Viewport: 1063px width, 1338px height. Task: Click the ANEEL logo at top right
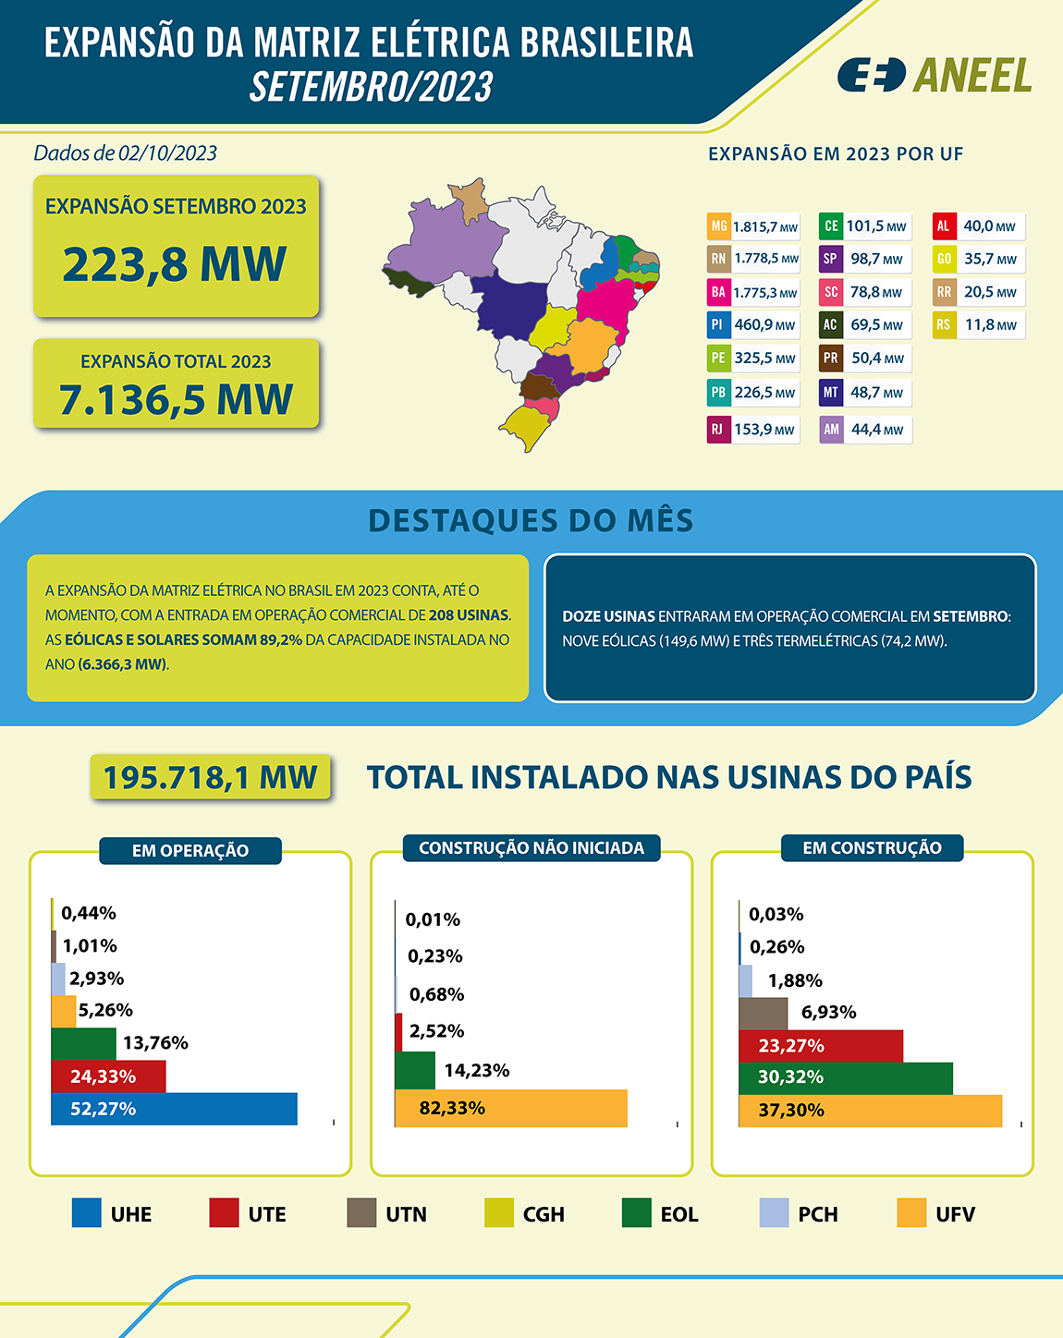click(935, 75)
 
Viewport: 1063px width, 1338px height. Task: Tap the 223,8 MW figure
click(175, 264)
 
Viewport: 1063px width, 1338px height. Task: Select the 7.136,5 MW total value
click(176, 399)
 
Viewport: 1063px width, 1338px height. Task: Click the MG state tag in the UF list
click(718, 226)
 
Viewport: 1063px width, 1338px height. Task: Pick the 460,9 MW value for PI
click(764, 325)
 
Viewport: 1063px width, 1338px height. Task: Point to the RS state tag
click(943, 325)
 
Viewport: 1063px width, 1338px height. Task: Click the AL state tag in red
click(943, 226)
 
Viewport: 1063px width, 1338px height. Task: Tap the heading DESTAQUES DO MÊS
click(531, 520)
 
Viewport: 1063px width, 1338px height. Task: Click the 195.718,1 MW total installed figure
click(210, 777)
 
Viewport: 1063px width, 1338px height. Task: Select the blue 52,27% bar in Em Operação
click(175, 1109)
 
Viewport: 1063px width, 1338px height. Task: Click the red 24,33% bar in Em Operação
click(109, 1076)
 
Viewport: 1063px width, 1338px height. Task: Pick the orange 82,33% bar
click(511, 1108)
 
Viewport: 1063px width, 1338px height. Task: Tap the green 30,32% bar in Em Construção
click(846, 1077)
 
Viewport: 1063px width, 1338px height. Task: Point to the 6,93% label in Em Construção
click(828, 1013)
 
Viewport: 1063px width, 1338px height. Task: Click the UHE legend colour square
click(86, 1213)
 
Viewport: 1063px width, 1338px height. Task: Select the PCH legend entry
click(799, 1213)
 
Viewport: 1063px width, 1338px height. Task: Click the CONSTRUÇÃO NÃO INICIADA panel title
click(531, 848)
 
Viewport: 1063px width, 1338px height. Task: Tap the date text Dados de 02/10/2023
click(125, 153)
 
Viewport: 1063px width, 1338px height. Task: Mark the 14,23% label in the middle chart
click(476, 1070)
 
